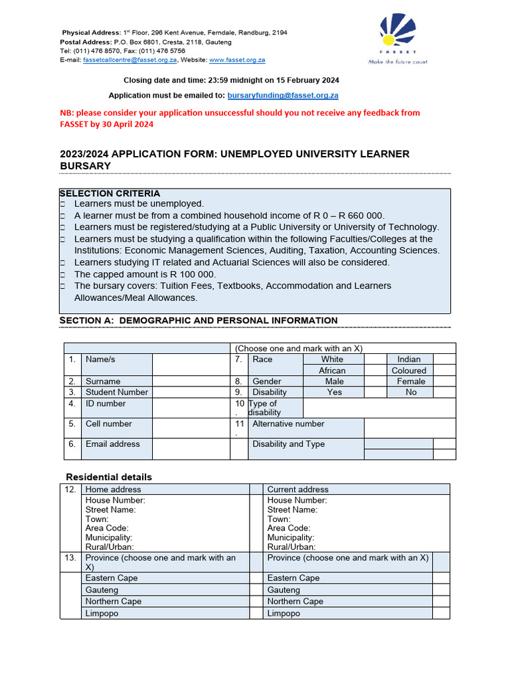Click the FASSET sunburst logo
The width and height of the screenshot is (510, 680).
[398, 34]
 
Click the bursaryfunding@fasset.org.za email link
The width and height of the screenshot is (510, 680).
[283, 96]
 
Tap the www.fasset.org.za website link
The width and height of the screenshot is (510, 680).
[237, 60]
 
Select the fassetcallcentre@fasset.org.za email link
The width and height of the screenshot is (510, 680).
[130, 60]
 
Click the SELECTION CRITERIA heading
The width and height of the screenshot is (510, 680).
[110, 193]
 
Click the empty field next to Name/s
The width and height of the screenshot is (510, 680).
[191, 365]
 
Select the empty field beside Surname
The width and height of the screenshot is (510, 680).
[191, 381]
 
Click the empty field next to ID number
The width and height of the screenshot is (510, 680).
[191, 408]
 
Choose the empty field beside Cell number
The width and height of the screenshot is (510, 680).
[191, 428]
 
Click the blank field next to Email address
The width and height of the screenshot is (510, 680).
[191, 448]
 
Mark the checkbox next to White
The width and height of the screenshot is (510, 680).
[375, 359]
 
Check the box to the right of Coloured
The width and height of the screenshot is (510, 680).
[444, 371]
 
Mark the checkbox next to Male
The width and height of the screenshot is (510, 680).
[375, 381]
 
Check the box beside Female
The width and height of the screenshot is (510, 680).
[444, 381]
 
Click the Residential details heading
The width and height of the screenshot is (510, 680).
[108, 477]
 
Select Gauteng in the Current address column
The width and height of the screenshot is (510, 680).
[286, 590]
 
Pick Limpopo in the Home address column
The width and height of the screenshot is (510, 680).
[102, 614]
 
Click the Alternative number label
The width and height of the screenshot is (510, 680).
[288, 424]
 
